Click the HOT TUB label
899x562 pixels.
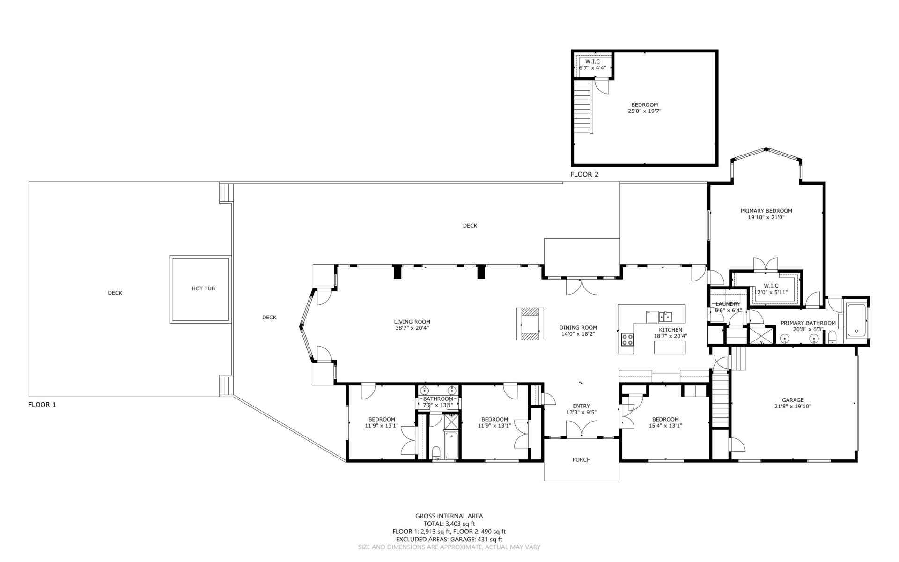(203, 288)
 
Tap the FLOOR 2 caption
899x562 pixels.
(584, 175)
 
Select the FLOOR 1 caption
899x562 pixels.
(42, 405)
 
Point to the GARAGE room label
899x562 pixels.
(793, 400)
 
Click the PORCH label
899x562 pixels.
(582, 460)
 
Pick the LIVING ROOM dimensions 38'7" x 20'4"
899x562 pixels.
(412, 328)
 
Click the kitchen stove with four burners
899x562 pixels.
(627, 340)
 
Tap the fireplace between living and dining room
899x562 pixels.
(531, 324)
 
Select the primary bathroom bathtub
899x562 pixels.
(856, 321)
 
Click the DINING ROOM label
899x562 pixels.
(578, 328)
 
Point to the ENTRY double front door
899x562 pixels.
(582, 429)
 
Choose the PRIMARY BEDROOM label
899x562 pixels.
(766, 211)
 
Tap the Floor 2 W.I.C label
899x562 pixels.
(592, 62)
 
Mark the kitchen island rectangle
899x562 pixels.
(670, 348)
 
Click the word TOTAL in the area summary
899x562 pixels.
(433, 524)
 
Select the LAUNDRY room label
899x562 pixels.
(728, 304)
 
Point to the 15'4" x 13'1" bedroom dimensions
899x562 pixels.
(665, 426)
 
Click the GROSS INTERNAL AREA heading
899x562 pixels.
(449, 516)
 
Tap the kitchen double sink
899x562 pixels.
(665, 317)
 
